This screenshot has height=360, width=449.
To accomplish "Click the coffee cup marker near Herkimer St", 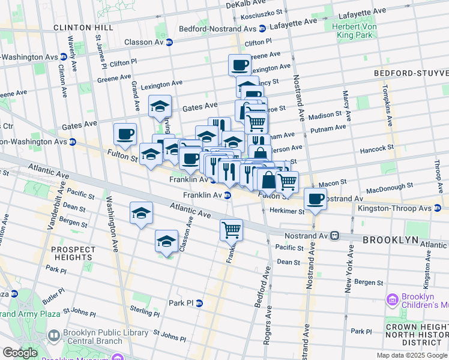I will coord(315,199).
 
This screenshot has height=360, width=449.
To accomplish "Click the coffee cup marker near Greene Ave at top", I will coord(240,64).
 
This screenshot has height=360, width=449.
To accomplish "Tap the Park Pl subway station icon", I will coord(199,303).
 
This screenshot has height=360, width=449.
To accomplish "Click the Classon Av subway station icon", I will coord(169,42).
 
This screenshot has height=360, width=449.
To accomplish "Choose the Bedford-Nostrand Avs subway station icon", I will coord(262,28).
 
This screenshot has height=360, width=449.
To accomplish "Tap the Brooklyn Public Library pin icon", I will coord(53,335).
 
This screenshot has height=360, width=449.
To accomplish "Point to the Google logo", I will coord(20,353).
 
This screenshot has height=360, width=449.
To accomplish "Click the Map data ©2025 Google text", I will coord(411,355).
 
